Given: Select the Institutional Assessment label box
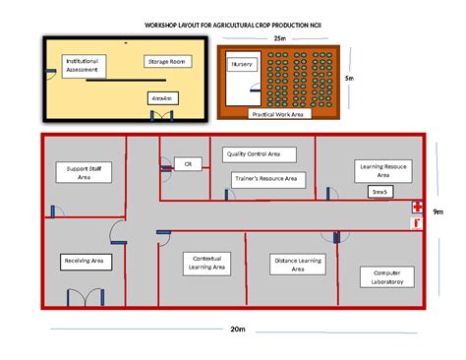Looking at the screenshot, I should [82, 66].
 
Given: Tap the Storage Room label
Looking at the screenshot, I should [168, 61].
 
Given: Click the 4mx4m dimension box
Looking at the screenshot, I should [161, 98].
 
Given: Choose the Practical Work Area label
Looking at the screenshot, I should [277, 114].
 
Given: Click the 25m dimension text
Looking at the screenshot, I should [280, 38].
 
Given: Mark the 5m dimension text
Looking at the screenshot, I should [349, 78].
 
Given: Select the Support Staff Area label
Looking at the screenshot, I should [85, 174].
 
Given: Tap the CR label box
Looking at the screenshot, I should [187, 163].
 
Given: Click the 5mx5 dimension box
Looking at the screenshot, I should [379, 192].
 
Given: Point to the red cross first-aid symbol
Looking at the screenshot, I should [418, 208].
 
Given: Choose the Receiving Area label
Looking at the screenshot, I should [85, 261].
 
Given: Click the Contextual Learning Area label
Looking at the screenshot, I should [206, 263].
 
